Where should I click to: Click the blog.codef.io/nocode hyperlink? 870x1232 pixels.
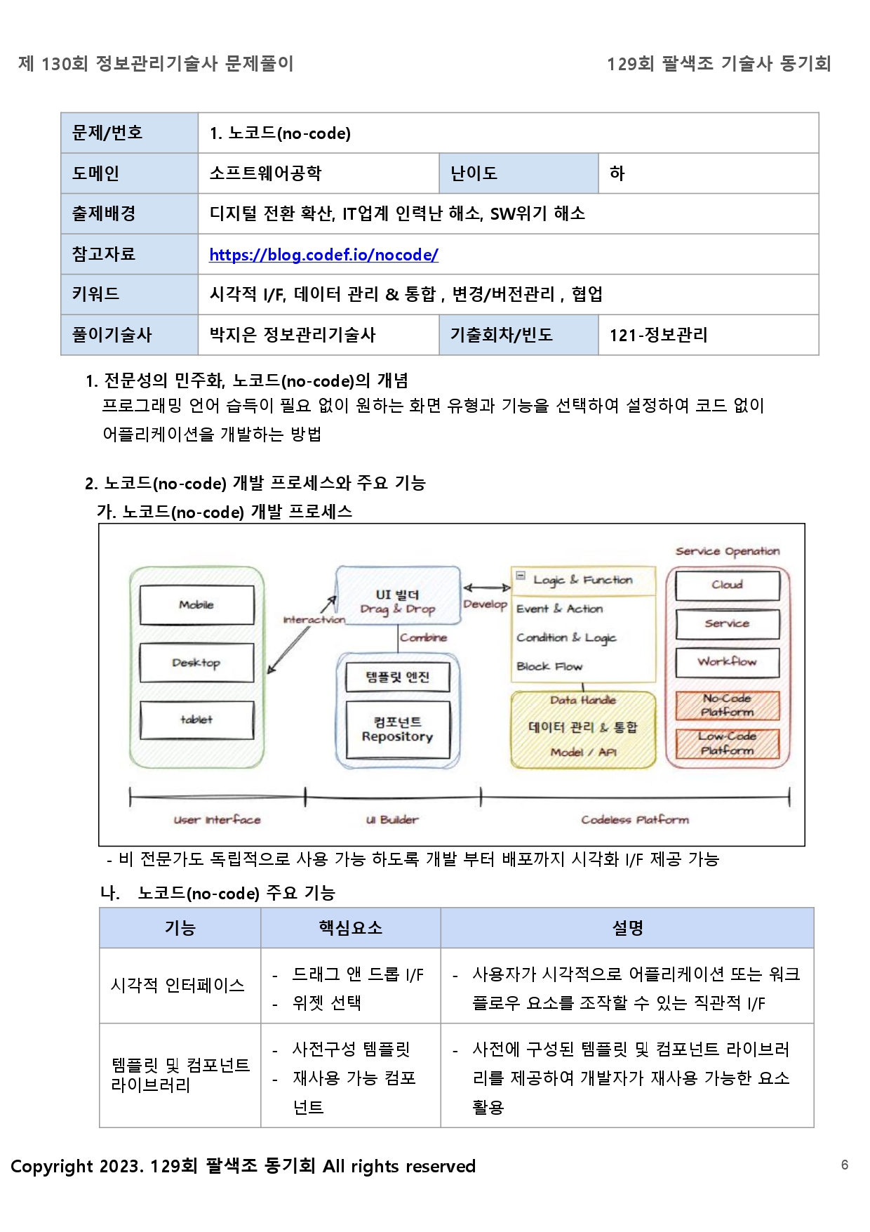click(x=323, y=255)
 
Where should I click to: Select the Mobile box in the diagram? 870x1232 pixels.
click(x=196, y=605)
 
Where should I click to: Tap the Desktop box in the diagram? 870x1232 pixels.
click(x=196, y=663)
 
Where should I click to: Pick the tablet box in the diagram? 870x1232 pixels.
click(x=196, y=720)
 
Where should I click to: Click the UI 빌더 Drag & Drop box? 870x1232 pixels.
click(x=398, y=602)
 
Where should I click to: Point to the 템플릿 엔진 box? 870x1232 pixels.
click(x=397, y=677)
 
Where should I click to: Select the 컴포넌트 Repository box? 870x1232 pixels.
click(x=397, y=729)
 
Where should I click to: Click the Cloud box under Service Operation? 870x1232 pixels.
click(x=727, y=585)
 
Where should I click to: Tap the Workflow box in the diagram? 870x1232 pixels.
click(x=727, y=661)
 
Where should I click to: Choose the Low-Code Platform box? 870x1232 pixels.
click(x=727, y=743)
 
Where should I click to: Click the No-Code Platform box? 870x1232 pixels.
click(x=727, y=706)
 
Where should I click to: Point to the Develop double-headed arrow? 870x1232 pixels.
click(x=486, y=588)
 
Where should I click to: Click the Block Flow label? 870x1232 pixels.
click(x=549, y=666)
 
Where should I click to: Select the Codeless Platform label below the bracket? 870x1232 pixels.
click(x=635, y=820)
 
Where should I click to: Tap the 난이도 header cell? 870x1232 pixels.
click(x=518, y=173)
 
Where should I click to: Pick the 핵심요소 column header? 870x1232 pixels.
click(x=350, y=928)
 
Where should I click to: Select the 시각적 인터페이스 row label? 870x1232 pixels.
click(x=178, y=986)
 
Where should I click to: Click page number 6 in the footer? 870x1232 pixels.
click(x=845, y=1165)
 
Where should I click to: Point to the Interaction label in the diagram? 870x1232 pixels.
click(x=314, y=620)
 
